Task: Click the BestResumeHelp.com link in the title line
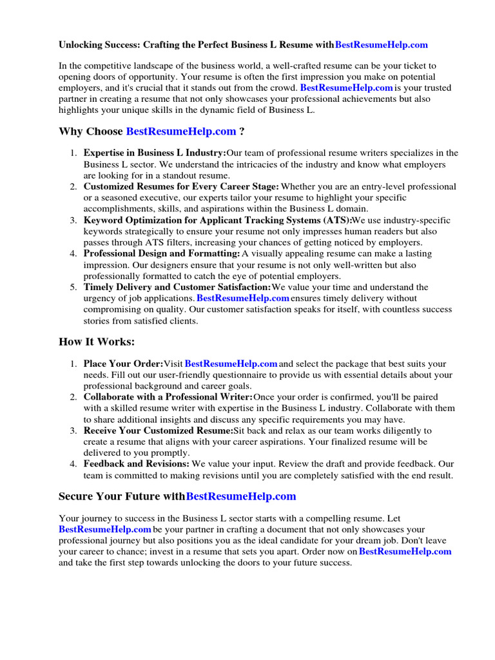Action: pyautogui.click(x=382, y=45)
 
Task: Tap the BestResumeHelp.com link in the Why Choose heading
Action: pyautogui.click(x=181, y=131)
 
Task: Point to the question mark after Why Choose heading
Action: pyautogui.click(x=242, y=131)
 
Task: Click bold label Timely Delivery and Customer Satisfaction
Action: pyautogui.click(x=177, y=287)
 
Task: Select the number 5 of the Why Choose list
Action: pyautogui.click(x=73, y=287)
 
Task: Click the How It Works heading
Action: pyautogui.click(x=97, y=342)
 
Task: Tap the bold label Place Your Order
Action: pyautogui.click(x=123, y=364)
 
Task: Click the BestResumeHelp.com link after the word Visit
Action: pyautogui.click(x=231, y=364)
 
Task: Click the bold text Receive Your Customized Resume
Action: pyautogui.click(x=158, y=430)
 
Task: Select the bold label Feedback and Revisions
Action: pyautogui.click(x=136, y=463)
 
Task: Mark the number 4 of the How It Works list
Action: pyautogui.click(x=73, y=463)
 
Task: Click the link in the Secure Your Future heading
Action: pyautogui.click(x=241, y=496)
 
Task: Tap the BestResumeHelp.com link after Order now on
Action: pyautogui.click(x=405, y=551)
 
